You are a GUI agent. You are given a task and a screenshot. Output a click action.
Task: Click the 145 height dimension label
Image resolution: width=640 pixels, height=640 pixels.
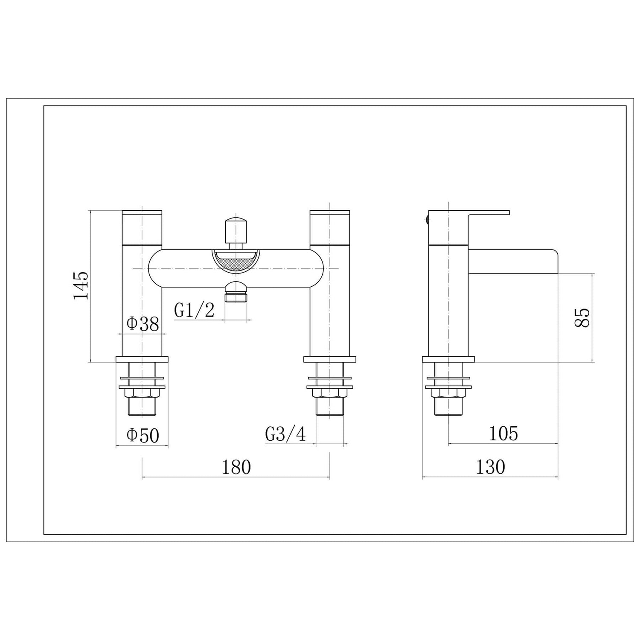pyautogui.click(x=81, y=285)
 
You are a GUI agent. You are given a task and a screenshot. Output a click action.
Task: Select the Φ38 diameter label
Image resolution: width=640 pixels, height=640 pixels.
pyautogui.click(x=143, y=324)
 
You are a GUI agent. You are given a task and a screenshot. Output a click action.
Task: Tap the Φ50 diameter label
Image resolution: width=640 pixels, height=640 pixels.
pyautogui.click(x=143, y=436)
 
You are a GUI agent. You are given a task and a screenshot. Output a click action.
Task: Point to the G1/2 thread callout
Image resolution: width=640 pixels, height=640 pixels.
pyautogui.click(x=194, y=310)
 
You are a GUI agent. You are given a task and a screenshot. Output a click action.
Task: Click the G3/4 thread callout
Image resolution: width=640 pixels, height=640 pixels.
pyautogui.click(x=285, y=434)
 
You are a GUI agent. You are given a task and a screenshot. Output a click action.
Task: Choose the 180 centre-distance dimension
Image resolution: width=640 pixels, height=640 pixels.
pyautogui.click(x=236, y=467)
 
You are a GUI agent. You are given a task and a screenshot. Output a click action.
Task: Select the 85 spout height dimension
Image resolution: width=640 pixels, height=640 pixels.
pyautogui.click(x=582, y=317)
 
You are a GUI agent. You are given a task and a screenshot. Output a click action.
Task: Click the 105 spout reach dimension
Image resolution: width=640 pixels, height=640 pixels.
pyautogui.click(x=503, y=433)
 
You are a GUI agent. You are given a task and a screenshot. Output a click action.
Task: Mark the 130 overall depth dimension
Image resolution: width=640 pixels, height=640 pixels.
pyautogui.click(x=490, y=467)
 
